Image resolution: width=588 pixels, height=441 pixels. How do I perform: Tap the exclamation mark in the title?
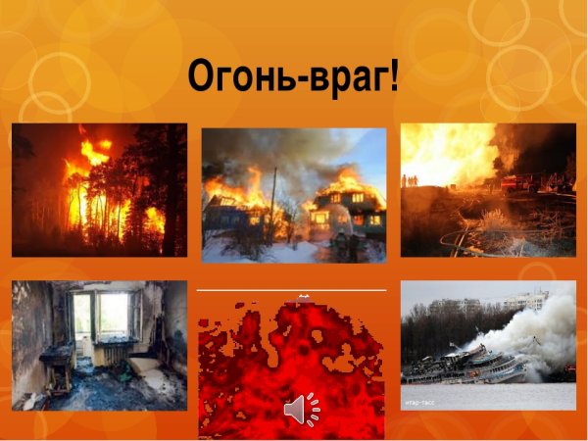(394, 74)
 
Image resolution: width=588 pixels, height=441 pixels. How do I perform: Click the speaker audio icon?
(301, 409)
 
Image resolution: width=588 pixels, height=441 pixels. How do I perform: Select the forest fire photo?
(99, 190)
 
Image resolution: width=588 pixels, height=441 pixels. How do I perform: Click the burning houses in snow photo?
(294, 196)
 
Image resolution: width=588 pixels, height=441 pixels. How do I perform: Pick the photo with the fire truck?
(488, 190)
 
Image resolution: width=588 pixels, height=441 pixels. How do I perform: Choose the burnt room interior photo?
(99, 345)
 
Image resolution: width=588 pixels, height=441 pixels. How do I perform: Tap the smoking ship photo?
(488, 345)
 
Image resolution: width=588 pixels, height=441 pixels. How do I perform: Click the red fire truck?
(517, 182)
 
